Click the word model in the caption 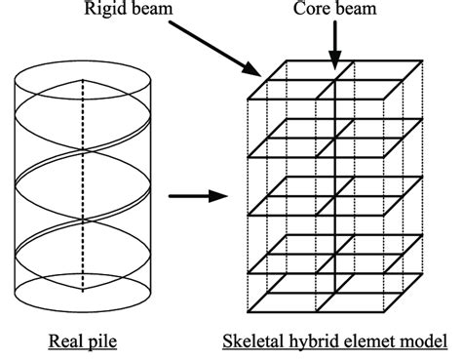click(423, 343)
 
